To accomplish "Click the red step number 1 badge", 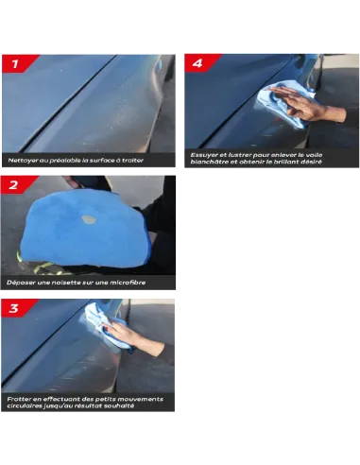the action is point(17,63).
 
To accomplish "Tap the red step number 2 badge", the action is point(16,184).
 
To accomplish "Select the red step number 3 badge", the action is point(16,308).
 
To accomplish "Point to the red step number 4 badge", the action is point(200,63).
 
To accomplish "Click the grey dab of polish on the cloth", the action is point(89,219).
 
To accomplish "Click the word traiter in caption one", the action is point(132,161).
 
